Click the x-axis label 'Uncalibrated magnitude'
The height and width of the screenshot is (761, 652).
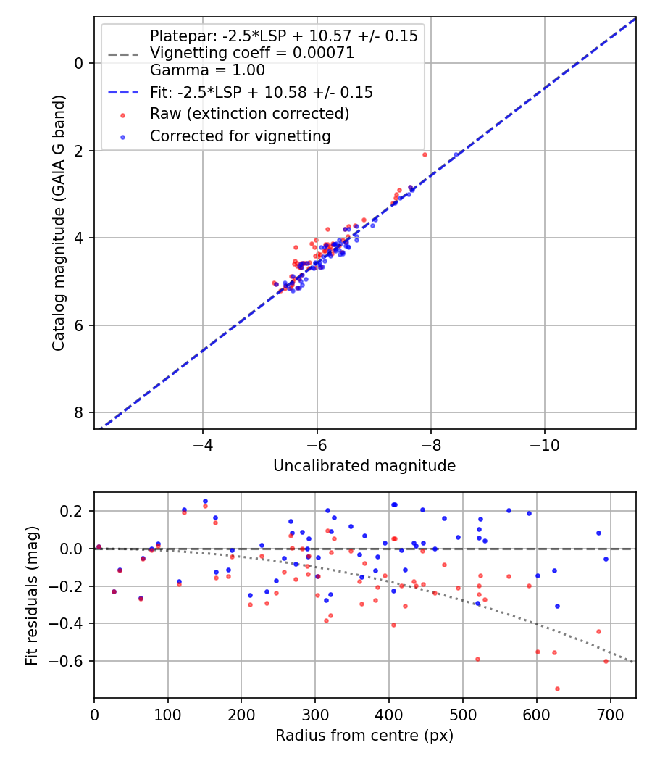click(364, 466)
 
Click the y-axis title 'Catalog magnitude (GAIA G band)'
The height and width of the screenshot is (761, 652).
click(59, 223)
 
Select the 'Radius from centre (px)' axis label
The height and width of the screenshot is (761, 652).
click(364, 736)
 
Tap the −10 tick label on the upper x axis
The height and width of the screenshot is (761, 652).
click(545, 444)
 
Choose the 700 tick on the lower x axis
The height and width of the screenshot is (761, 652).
click(610, 714)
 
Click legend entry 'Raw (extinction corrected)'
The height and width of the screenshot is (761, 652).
click(249, 114)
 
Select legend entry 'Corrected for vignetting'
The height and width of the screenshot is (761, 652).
click(240, 136)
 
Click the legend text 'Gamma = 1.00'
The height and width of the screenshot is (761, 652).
click(207, 70)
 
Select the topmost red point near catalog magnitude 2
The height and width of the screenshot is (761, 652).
click(425, 154)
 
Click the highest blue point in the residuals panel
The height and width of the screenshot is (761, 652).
click(205, 501)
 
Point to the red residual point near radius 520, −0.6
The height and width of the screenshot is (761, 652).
click(477, 659)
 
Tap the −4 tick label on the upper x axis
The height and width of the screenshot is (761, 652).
click(202, 444)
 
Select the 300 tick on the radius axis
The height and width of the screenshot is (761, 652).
click(315, 714)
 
